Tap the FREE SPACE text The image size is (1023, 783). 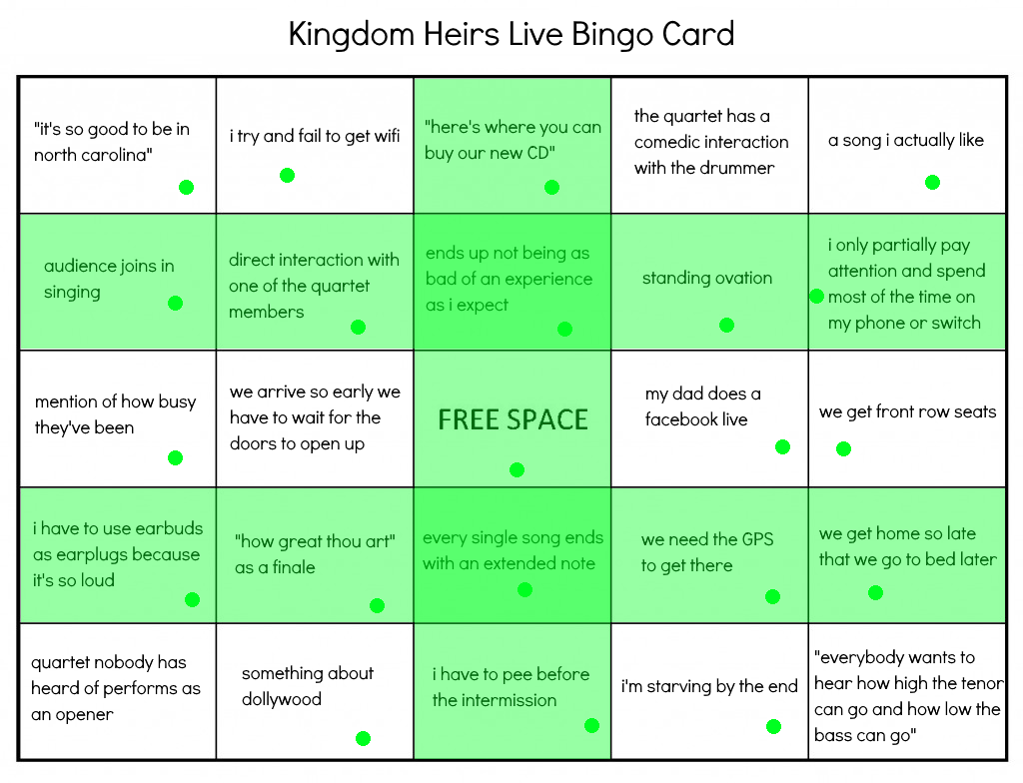(512, 419)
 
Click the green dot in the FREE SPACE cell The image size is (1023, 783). (516, 469)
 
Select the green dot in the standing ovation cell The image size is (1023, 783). (727, 325)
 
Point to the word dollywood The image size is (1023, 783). (281, 699)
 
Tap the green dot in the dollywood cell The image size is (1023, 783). (364, 739)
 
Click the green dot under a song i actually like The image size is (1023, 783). (932, 183)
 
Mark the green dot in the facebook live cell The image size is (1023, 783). (783, 447)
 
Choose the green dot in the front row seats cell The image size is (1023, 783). (843, 448)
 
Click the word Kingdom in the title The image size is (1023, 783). (352, 35)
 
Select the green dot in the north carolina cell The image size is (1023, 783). (186, 188)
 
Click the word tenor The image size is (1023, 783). (983, 683)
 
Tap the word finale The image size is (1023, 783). (294, 567)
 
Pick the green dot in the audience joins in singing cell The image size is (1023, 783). (175, 303)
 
